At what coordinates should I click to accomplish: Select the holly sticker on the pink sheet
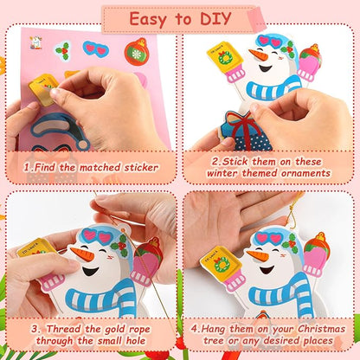pos(62,50)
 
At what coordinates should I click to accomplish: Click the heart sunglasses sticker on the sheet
pos(95,49)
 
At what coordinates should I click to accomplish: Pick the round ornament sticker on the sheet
pos(137,53)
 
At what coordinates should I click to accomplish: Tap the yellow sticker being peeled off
pos(42,87)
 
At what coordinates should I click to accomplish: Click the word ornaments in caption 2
pos(305,173)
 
